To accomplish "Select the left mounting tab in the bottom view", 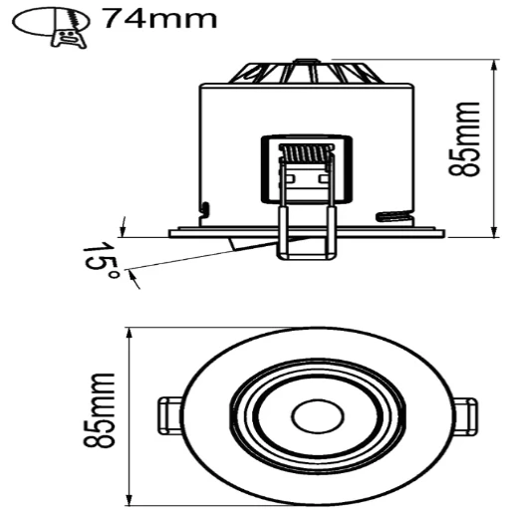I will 169,412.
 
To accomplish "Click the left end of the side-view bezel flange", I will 171,234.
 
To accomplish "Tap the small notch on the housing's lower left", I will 204,209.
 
